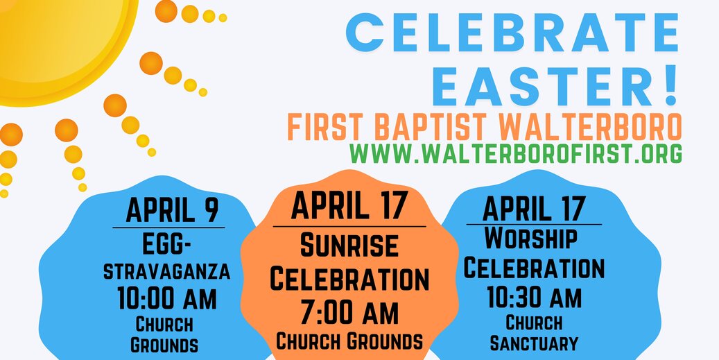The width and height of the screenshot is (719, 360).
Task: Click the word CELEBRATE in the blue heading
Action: (512, 33)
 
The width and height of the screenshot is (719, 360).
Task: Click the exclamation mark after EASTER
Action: (670, 87)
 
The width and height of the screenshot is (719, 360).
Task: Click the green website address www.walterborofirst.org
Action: (516, 153)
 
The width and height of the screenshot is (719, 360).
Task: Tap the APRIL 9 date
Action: (173, 210)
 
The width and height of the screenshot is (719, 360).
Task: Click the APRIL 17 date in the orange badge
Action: (349, 205)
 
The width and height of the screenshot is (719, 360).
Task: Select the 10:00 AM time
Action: (167, 298)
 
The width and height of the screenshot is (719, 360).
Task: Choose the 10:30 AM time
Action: (534, 297)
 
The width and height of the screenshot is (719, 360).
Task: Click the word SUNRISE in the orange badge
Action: (349, 245)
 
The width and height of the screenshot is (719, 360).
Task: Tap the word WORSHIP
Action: (531, 238)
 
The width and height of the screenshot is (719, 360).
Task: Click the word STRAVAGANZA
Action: (167, 271)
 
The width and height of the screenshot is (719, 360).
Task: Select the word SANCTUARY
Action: (534, 343)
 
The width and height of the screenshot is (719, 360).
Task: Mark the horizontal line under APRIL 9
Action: (168, 228)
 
